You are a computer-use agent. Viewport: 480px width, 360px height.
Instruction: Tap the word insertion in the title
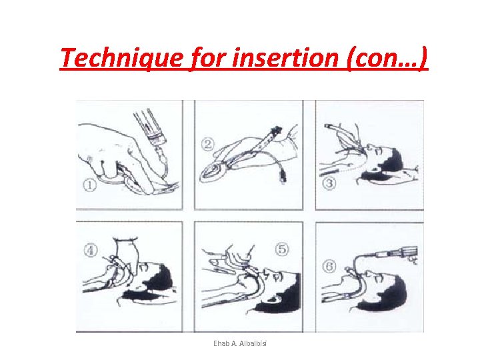[281, 59]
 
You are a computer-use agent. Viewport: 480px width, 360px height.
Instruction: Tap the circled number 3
[329, 181]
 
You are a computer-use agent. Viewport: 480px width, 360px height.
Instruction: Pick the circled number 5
[282, 249]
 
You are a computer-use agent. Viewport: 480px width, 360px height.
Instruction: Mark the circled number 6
[330, 265]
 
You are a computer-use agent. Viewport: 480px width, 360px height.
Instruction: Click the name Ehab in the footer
[222, 343]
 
